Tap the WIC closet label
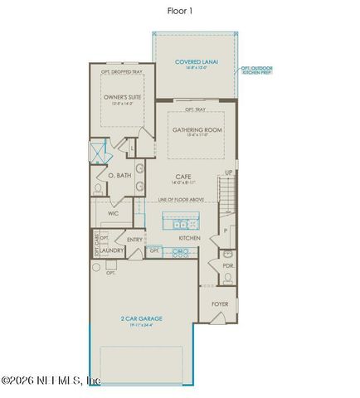tap(114, 213)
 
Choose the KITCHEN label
tap(190, 239)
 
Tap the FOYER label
tap(220, 303)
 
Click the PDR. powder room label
tap(228, 265)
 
